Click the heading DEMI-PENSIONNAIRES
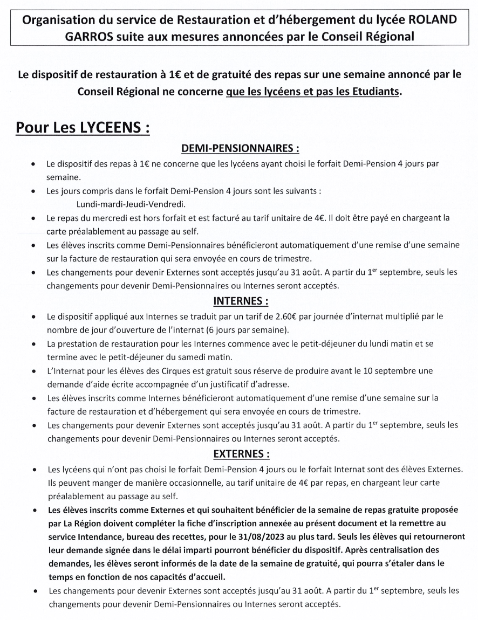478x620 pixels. click(240, 148)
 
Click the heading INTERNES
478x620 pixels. click(241, 300)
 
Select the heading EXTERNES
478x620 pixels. click(241, 453)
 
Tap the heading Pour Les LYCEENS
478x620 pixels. click(82, 129)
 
